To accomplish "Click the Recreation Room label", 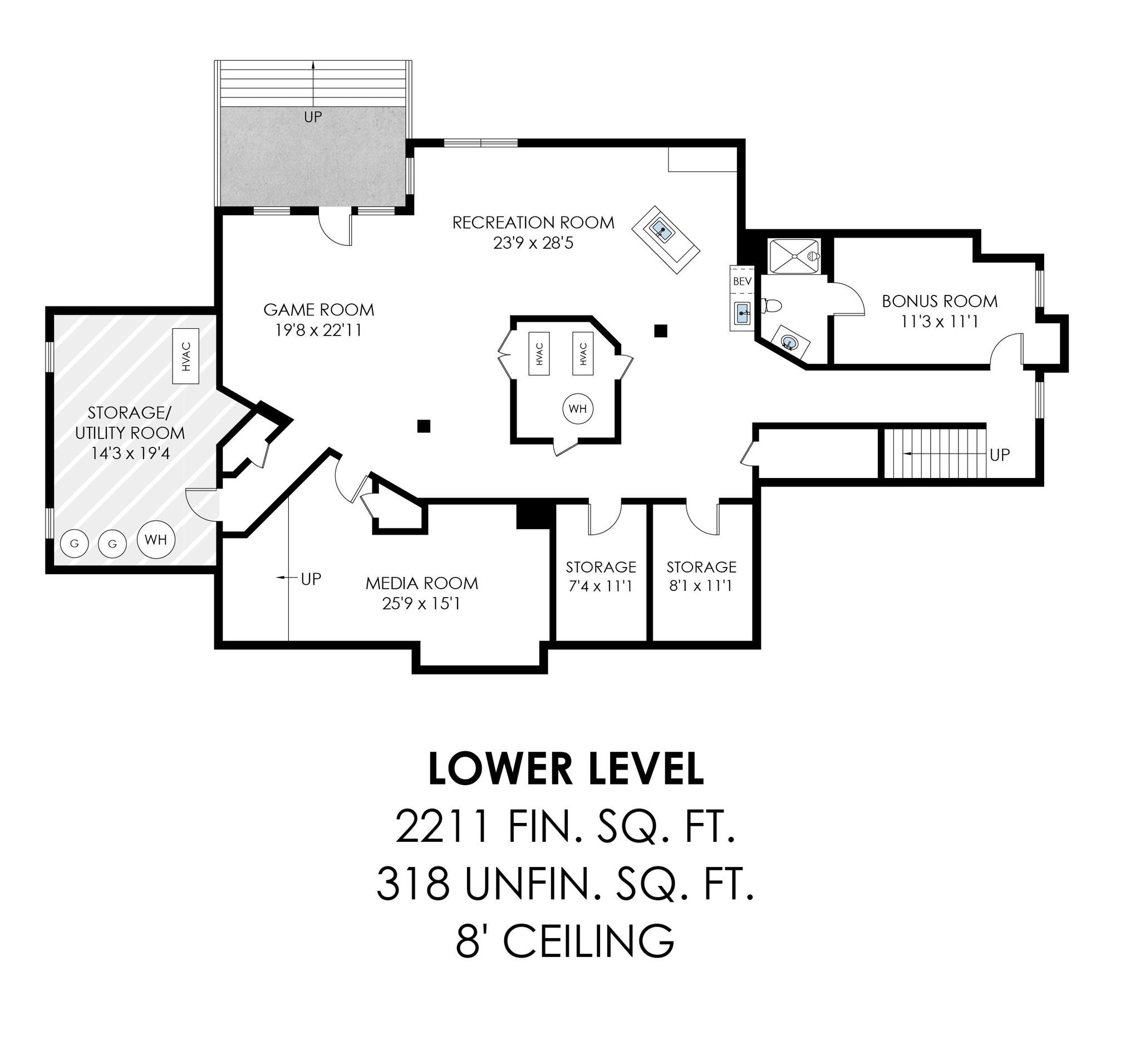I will click(533, 222).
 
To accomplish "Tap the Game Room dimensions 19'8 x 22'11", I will click(318, 330).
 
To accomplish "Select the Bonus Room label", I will click(940, 301).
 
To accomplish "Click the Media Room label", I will click(421, 583).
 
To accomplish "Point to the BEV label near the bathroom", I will click(742, 281).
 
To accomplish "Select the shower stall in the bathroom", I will click(794, 257).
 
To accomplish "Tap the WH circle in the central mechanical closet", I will click(577, 408).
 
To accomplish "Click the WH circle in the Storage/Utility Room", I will click(156, 539).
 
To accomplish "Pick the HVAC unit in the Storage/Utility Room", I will click(186, 356).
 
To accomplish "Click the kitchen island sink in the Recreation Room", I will click(662, 230).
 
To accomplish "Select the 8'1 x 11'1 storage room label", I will click(701, 567).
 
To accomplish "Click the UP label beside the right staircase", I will click(1000, 455).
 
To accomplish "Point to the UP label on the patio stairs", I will click(313, 117).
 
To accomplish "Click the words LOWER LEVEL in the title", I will click(566, 770).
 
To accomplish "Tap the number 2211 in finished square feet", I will click(441, 827).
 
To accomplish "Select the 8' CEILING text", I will click(565, 941).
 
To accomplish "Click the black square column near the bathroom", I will click(660, 330).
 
